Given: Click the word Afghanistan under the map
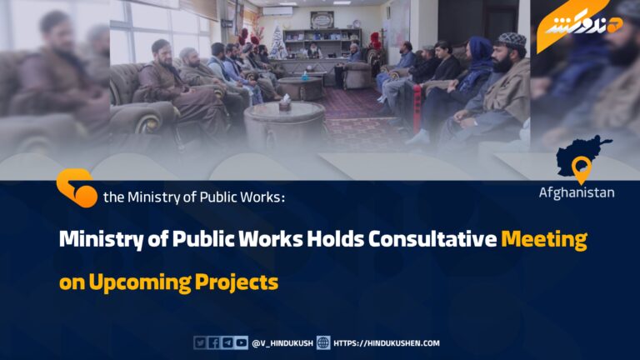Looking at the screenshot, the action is [577, 192].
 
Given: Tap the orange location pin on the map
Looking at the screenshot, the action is [581, 169].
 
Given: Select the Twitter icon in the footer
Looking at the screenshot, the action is [200, 342].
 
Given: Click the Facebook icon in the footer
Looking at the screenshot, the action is [213, 342].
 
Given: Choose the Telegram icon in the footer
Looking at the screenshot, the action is [227, 342].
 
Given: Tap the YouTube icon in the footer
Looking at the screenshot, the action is [241, 342].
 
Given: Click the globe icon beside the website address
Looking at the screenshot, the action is [323, 342].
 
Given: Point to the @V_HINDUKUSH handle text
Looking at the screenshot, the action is [282, 343].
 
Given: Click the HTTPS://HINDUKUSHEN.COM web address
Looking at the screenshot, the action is [387, 343].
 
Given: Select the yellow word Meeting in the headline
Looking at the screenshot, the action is [544, 240].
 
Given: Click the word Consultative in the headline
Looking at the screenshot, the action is [432, 239].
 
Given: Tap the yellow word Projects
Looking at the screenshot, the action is [237, 282].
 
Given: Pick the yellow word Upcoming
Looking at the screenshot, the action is [140, 282].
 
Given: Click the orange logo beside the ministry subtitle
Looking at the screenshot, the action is [77, 187].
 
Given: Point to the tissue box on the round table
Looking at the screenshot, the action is [285, 103].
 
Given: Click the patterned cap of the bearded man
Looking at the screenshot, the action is [512, 40].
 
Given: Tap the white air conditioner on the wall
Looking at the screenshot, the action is [277, 11].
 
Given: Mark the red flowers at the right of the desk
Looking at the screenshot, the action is [375, 40].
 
